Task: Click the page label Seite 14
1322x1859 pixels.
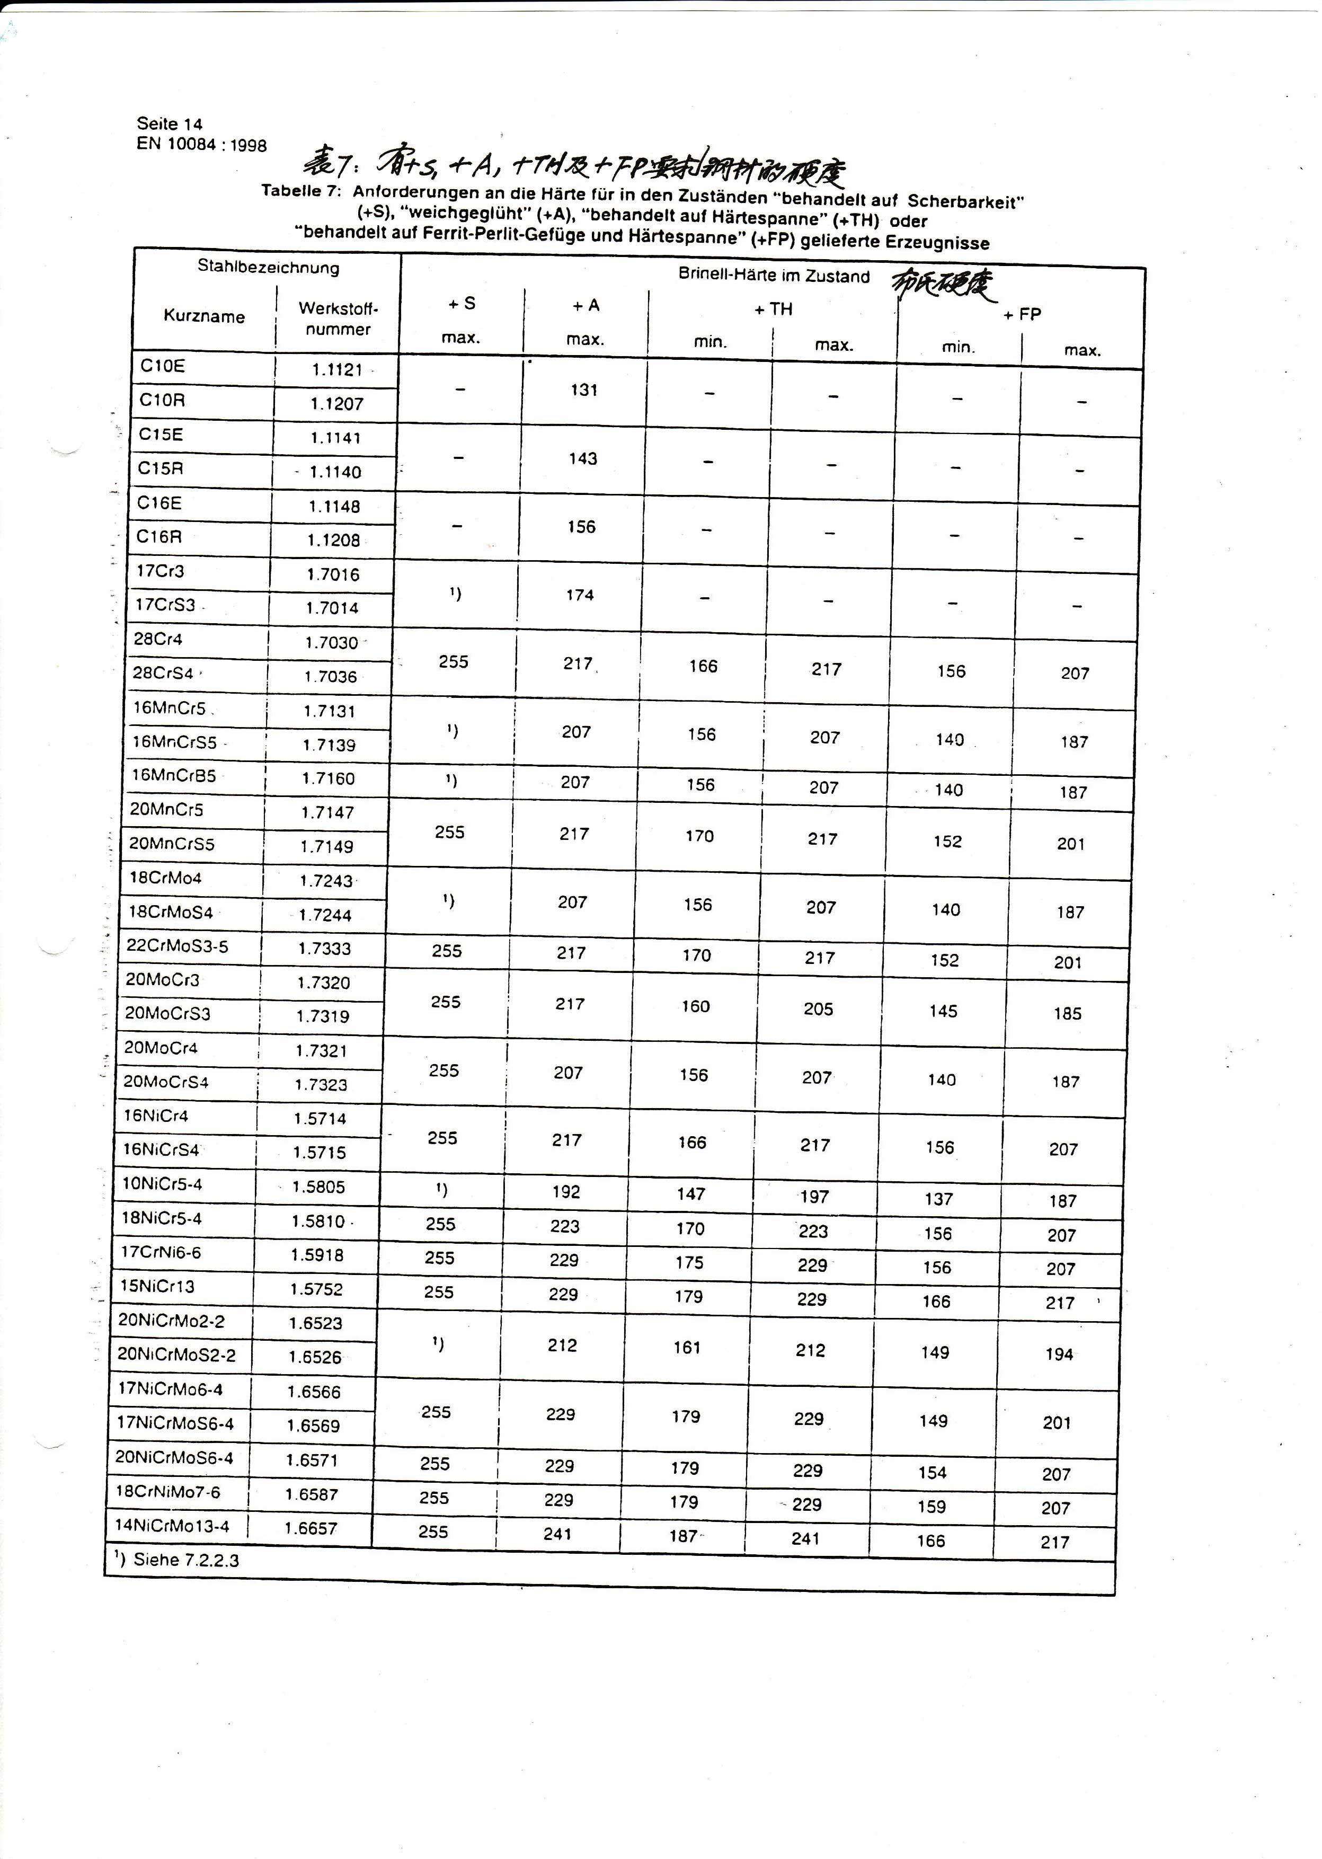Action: click(170, 123)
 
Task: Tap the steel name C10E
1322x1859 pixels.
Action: click(163, 366)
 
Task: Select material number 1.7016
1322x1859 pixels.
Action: click(333, 574)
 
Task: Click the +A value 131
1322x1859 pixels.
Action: click(584, 390)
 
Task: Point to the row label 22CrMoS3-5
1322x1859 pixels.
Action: click(178, 946)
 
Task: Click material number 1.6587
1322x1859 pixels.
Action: click(311, 1493)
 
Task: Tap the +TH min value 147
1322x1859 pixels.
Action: click(690, 1194)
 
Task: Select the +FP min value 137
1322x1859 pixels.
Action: click(938, 1199)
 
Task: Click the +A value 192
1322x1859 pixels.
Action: click(566, 1192)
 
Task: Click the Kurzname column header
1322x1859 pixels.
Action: click(203, 316)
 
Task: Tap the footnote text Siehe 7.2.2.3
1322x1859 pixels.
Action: click(185, 1560)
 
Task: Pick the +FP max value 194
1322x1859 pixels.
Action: click(1059, 1355)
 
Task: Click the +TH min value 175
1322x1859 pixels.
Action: click(689, 1262)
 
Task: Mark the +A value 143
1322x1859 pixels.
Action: click(583, 459)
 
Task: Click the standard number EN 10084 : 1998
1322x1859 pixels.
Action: click(202, 145)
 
